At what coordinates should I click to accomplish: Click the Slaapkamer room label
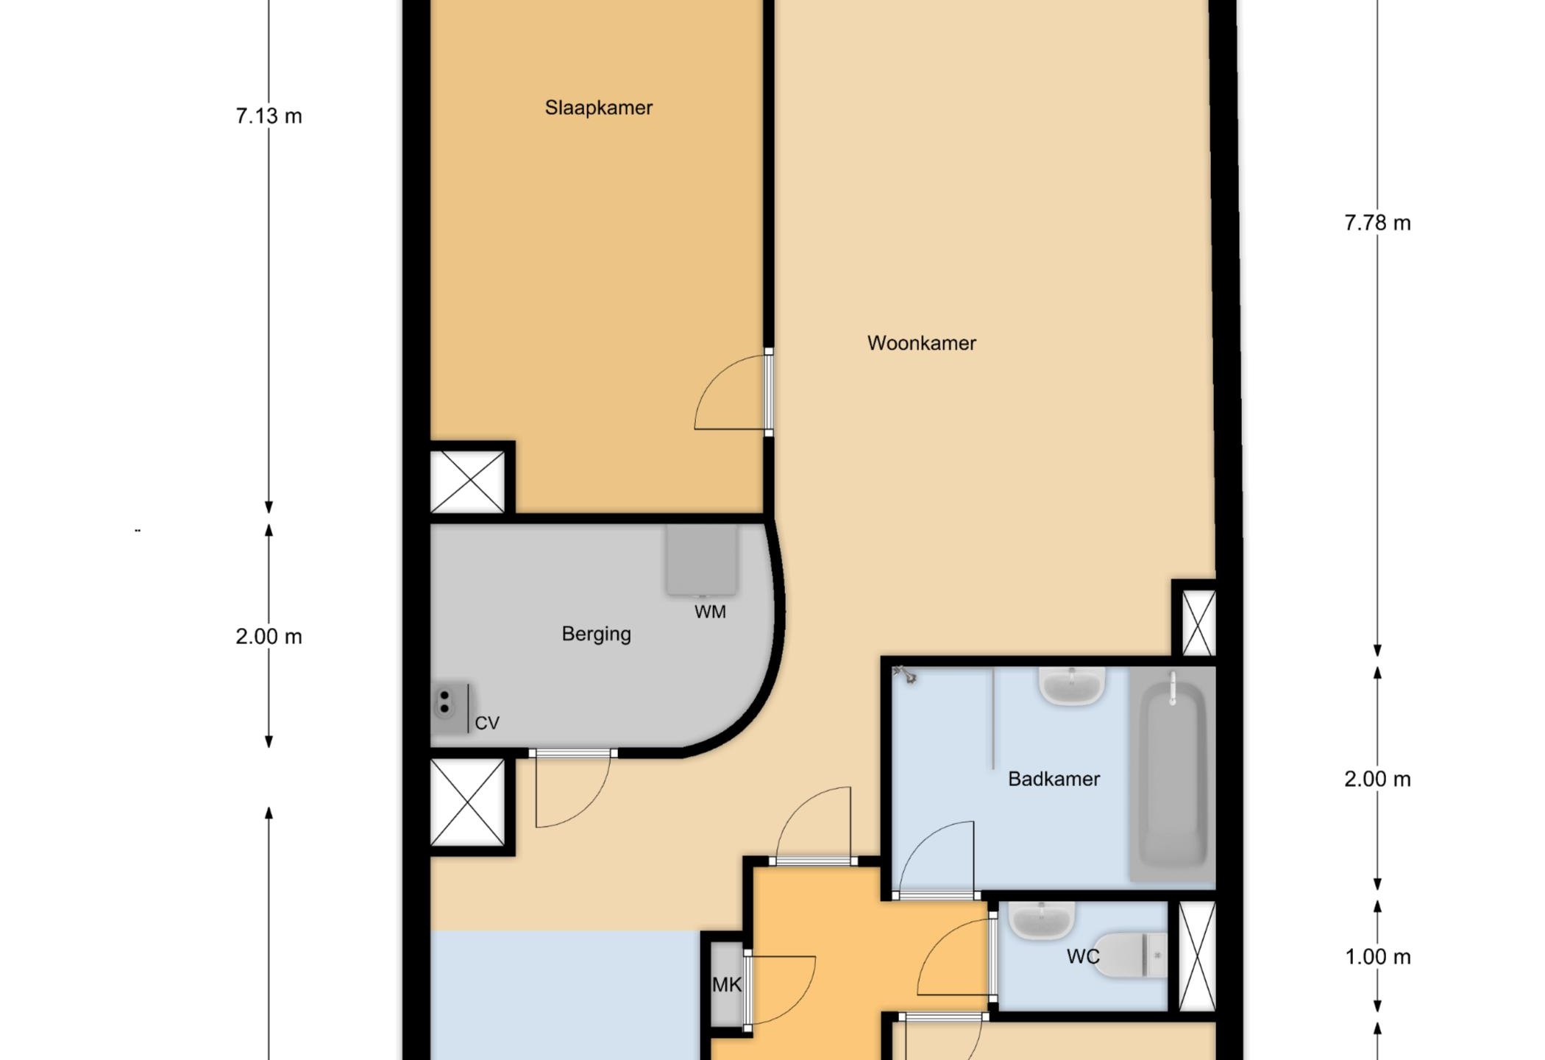598,107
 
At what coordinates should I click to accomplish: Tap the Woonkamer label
922,343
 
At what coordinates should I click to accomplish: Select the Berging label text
596,635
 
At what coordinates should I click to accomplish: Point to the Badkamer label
1054,779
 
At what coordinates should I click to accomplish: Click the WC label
1083,956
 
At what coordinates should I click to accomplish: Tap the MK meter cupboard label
727,984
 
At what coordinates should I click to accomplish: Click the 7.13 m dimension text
269,116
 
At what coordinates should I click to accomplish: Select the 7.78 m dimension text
1377,222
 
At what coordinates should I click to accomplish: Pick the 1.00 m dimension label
1377,957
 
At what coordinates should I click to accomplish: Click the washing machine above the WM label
702,559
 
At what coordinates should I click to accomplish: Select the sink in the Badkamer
1072,686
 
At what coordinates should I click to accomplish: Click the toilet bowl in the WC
1130,955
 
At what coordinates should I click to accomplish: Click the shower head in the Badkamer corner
905,674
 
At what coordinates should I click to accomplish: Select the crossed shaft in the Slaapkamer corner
467,481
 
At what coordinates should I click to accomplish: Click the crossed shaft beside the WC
1197,956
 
